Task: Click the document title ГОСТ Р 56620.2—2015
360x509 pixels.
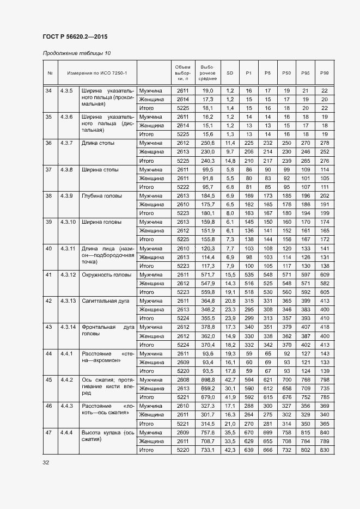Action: (75, 36)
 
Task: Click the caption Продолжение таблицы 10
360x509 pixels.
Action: (76, 53)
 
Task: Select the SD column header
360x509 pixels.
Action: (230, 72)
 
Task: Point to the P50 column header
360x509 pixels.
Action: (286, 72)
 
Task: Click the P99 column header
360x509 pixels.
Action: (325, 72)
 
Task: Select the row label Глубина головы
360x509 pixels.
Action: (102, 196)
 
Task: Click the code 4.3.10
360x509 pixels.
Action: (69, 222)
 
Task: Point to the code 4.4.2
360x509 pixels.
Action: (67, 380)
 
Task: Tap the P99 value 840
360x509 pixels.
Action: (325, 433)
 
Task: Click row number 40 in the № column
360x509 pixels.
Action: (48, 248)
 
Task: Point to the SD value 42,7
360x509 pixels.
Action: (230, 380)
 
